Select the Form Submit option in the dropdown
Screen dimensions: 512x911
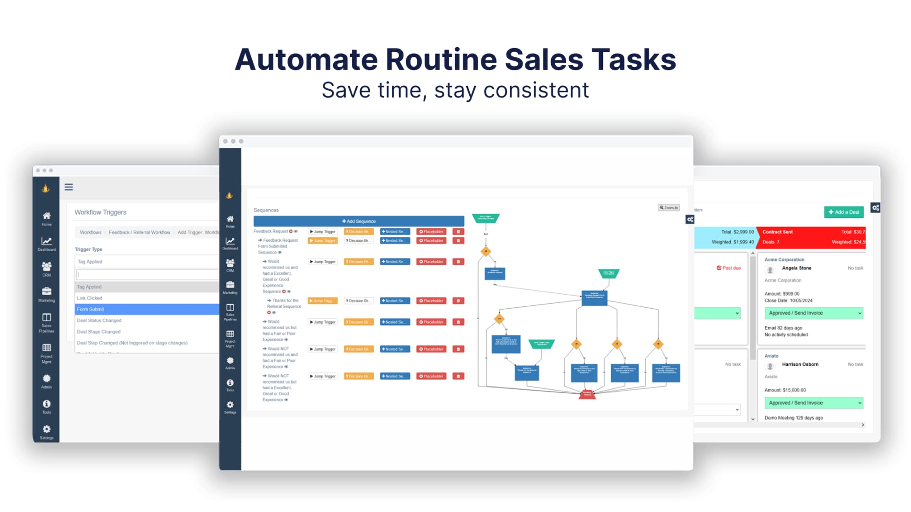click(x=90, y=309)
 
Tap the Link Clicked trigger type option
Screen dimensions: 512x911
click(x=89, y=298)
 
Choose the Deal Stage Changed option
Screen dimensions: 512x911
click(x=99, y=332)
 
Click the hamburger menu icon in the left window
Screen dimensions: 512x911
click(x=69, y=187)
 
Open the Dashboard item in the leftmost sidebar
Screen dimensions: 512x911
click(x=46, y=244)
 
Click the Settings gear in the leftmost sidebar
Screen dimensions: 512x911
click(x=46, y=431)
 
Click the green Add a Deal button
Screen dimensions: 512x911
click(x=844, y=212)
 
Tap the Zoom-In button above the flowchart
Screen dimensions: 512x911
click(x=669, y=208)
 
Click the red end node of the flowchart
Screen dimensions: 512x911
click(x=587, y=394)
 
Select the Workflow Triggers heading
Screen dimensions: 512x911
click(x=101, y=212)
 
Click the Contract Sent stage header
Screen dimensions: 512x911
click(x=778, y=232)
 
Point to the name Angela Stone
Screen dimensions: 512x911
click(x=796, y=268)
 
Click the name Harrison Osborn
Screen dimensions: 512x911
click(x=800, y=364)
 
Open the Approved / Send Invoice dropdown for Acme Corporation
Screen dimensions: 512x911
click(x=814, y=313)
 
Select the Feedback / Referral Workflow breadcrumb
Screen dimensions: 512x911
click(x=139, y=232)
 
